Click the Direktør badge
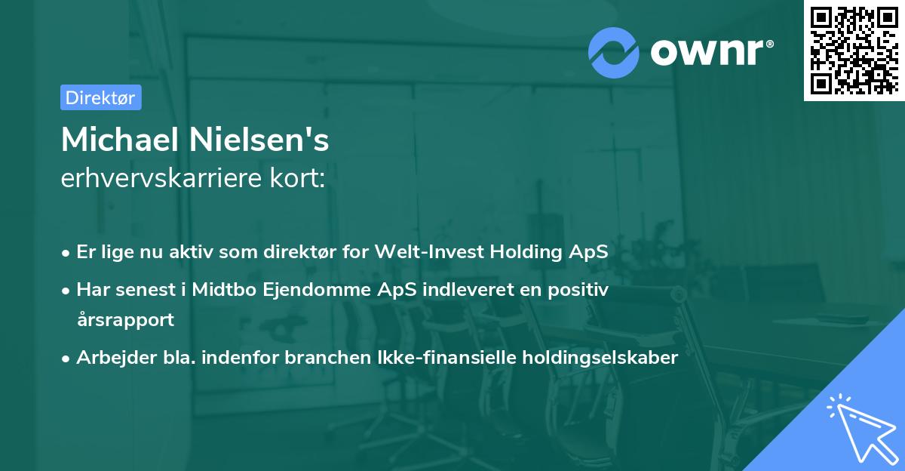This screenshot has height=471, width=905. click(x=100, y=97)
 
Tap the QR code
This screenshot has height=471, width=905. click(x=853, y=50)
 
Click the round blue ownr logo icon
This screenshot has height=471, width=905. click(x=614, y=51)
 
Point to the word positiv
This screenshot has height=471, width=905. click(x=581, y=290)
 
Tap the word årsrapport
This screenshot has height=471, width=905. click(x=125, y=319)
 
